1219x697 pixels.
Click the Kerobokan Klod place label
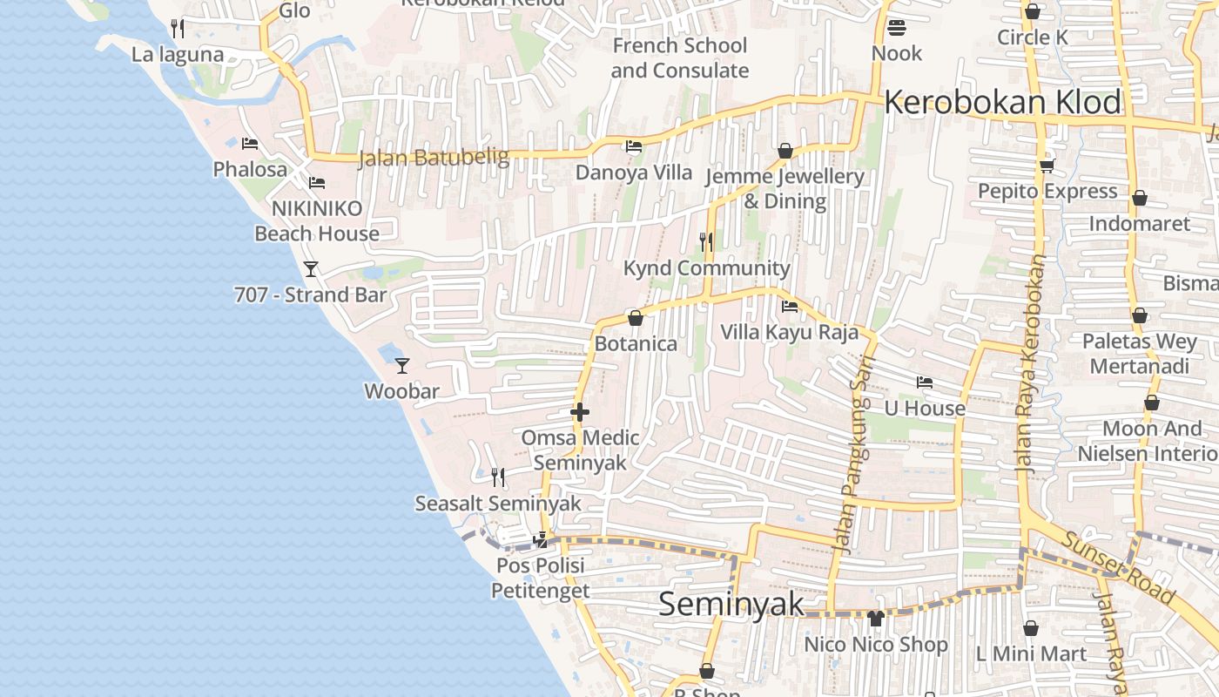pos(1002,103)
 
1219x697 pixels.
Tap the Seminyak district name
pos(731,604)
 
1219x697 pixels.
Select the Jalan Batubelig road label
pos(434,158)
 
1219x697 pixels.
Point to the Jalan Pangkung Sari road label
pos(852,462)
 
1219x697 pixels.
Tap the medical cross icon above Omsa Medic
pos(580,412)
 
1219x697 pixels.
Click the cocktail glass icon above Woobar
pos(401,365)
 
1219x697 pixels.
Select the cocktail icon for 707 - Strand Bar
pos(311,268)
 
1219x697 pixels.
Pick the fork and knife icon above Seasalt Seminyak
pos(498,477)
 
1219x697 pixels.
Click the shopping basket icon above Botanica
pos(636,318)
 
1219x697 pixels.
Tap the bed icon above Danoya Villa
pos(634,146)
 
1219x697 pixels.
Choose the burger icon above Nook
pos(897,28)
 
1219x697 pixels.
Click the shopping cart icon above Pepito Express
pos(1047,166)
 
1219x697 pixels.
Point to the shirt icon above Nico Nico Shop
pos(875,619)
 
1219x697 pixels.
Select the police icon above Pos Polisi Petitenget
pos(541,539)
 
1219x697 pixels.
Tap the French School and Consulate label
pos(679,58)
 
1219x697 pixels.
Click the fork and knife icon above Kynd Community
pos(706,241)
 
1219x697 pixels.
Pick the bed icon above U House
pos(924,382)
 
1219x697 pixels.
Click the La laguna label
pos(178,55)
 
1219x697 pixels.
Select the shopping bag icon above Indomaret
pos(1139,198)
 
